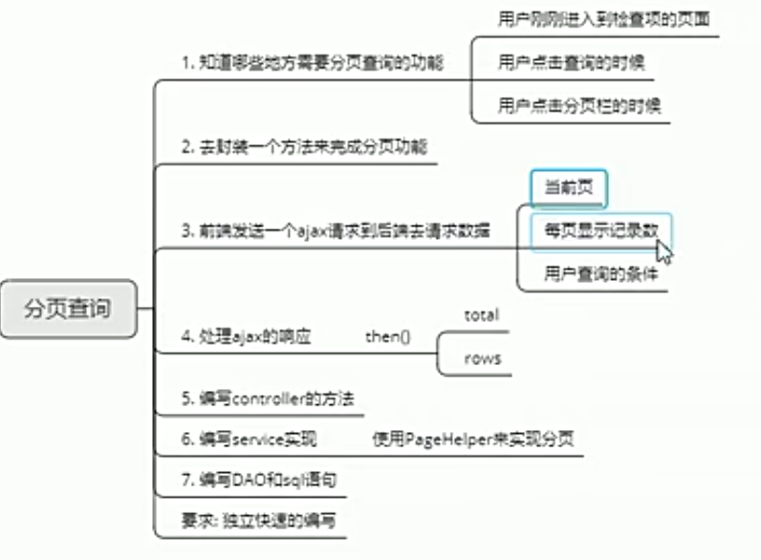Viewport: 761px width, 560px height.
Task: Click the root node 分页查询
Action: pos(68,309)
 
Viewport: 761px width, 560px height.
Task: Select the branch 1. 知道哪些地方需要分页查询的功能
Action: pos(313,62)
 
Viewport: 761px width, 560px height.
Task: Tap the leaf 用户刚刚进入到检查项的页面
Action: pos(603,18)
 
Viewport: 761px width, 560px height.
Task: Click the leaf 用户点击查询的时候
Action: pos(571,62)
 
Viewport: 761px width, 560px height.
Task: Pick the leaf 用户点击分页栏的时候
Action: pos(579,105)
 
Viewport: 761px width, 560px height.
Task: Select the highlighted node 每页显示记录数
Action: pos(601,230)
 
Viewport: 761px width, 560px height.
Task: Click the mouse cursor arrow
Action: pos(663,250)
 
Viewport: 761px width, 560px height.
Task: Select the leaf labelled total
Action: pos(481,314)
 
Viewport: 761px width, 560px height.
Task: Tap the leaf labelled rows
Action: pos(482,358)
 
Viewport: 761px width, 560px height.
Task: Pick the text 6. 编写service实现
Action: pos(249,439)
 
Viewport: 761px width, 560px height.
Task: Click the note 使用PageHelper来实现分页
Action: pos(473,439)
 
